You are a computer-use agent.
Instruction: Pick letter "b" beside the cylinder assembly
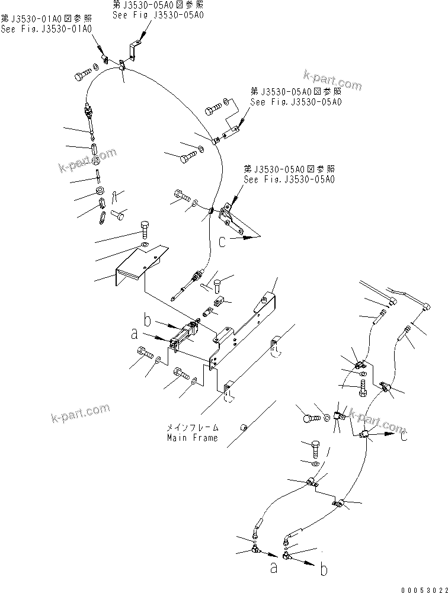148,321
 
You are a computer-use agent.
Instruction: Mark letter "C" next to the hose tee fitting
404,438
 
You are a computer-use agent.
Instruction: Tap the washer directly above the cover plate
144,245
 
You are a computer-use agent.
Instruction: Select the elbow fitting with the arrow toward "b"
286,556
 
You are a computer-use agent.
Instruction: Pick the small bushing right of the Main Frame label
244,427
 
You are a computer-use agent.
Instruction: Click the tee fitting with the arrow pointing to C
364,435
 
